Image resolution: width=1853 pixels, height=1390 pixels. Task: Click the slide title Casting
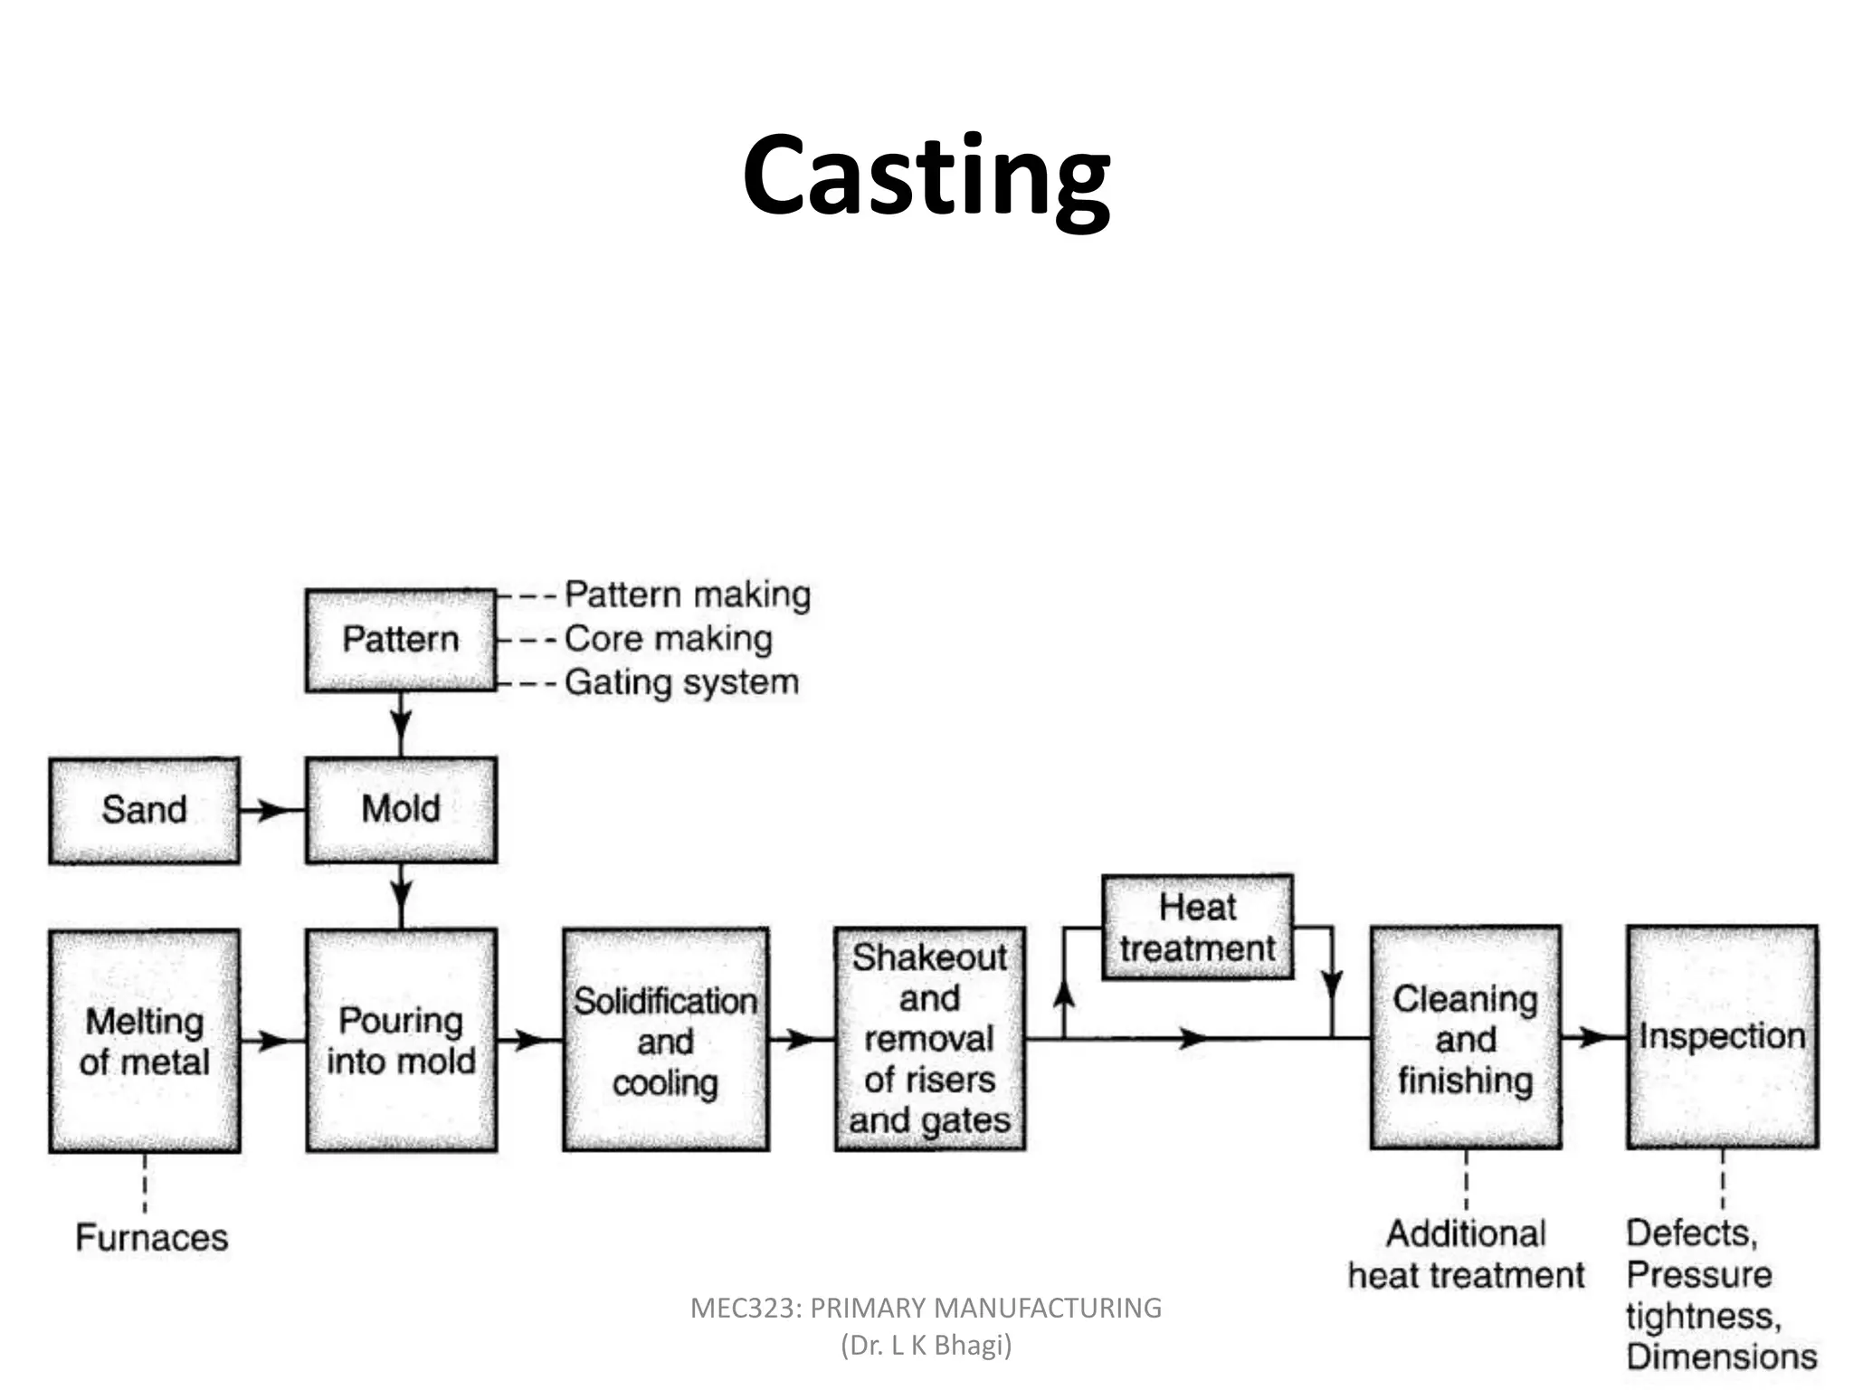926,176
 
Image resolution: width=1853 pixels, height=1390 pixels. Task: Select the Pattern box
401,640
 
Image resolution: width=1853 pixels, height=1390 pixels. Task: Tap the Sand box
145,810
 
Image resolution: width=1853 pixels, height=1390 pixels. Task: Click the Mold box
401,809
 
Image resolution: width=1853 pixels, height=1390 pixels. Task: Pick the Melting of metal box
145,1041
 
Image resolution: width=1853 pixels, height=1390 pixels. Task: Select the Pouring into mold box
401,1041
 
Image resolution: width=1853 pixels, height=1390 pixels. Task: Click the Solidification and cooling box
666,1041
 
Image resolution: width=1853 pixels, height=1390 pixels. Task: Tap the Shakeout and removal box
929,1039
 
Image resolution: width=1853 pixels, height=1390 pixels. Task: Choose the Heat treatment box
1197,928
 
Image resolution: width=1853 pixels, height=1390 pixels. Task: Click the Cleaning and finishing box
1466,1038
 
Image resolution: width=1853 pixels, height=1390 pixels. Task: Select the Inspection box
1722,1037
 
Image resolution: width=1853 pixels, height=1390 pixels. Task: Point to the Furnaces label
152,1237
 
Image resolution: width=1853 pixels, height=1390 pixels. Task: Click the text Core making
669,639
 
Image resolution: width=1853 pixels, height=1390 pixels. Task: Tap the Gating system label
682,682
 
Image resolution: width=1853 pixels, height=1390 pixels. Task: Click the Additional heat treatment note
1466,1254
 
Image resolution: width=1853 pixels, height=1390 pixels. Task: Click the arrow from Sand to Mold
271,810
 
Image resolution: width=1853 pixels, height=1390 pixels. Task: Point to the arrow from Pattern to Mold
401,725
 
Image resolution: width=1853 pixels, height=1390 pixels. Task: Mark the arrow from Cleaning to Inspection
1593,1037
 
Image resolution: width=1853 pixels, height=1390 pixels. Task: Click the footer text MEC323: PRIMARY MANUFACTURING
926,1308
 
